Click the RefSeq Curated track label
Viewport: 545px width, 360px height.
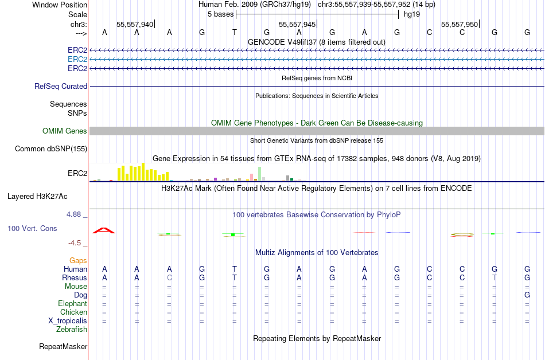[x=61, y=86]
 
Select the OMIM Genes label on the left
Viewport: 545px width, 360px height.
[x=65, y=131]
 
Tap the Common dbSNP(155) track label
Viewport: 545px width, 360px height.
[x=51, y=148]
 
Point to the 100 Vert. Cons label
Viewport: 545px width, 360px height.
[x=32, y=228]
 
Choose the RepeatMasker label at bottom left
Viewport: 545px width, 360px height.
[x=63, y=346]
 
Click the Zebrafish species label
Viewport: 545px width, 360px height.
[x=72, y=329]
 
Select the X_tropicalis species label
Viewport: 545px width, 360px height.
[x=68, y=320]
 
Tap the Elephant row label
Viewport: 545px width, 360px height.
[x=72, y=303]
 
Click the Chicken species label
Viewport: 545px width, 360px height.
[x=73, y=312]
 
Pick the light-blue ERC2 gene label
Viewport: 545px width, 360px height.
[x=77, y=59]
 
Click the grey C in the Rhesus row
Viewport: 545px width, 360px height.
[x=169, y=277]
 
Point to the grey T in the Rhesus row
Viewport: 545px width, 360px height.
[x=495, y=277]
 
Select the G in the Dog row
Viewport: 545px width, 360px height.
[x=527, y=295]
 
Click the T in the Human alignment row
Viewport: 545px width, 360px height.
[x=234, y=269]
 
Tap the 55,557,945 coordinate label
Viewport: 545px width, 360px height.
[x=297, y=25]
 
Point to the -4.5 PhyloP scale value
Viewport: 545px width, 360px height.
[x=76, y=242]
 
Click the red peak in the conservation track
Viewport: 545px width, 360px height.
[x=104, y=230]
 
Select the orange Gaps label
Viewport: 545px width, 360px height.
[x=78, y=260]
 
